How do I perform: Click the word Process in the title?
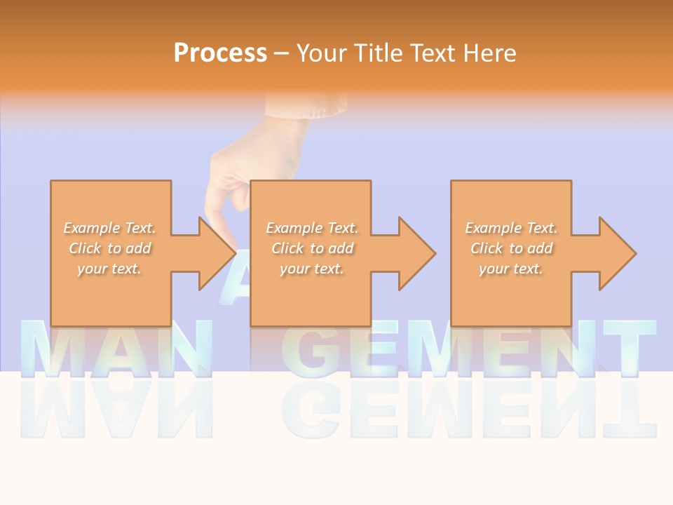[x=220, y=53]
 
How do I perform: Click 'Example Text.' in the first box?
[x=110, y=228]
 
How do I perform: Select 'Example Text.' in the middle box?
[x=312, y=228]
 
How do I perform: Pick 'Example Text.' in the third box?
[x=511, y=228]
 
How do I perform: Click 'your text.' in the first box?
[x=109, y=269]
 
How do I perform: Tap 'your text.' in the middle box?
[x=311, y=269]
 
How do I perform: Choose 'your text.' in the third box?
[x=511, y=269]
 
